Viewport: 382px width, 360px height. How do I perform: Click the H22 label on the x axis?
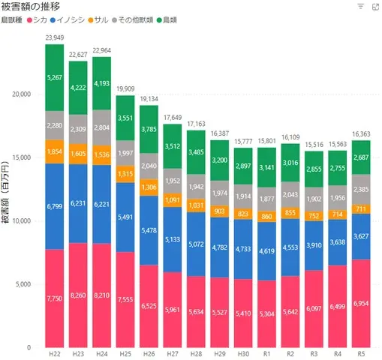(54, 353)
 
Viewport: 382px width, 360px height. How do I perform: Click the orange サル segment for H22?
(54, 151)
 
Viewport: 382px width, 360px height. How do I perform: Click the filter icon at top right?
(360, 7)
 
